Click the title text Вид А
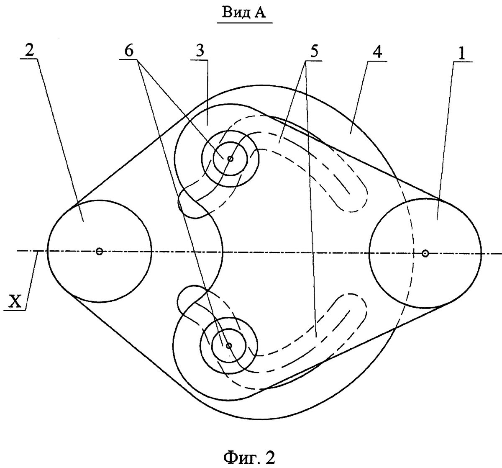(244, 13)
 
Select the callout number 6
(129, 51)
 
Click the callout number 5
(313, 51)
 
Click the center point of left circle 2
(99, 252)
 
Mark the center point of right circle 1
(425, 254)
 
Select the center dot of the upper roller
(230, 159)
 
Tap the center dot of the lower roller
(229, 346)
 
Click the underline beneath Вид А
(245, 23)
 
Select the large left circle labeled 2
(100, 251)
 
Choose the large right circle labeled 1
(425, 253)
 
